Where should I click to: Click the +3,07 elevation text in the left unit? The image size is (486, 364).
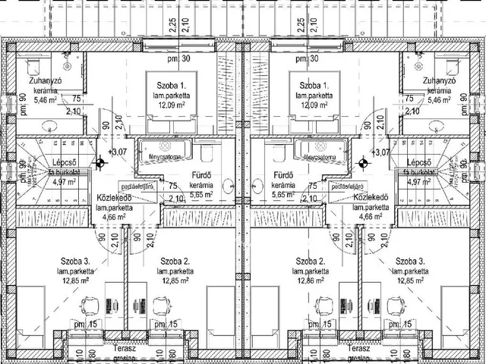(x=118, y=152)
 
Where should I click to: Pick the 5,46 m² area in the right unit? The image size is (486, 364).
(x=440, y=99)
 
